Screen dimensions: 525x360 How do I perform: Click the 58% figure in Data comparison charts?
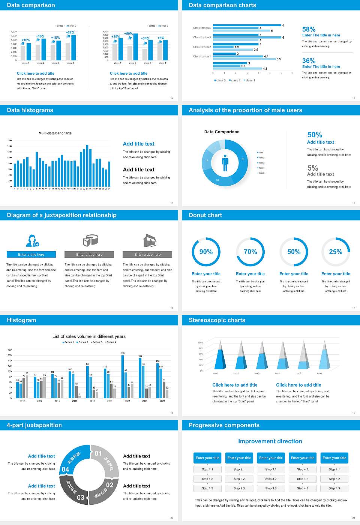coord(309,29)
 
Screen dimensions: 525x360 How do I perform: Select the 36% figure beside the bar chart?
coord(309,61)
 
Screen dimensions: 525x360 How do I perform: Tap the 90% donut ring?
coord(206,252)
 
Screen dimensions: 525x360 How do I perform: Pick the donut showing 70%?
coord(250,252)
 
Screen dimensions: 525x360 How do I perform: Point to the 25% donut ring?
coord(336,252)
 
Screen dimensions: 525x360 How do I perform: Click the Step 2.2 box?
coord(239,479)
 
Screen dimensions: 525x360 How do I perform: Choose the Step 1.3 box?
coord(207,488)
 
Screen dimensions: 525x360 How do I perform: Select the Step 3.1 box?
coord(271,469)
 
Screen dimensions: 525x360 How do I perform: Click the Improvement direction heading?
coord(270,441)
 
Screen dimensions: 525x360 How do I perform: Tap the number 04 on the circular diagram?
coord(65,469)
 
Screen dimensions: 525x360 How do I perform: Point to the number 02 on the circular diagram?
coord(109,485)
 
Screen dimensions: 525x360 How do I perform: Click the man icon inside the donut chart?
coord(225,163)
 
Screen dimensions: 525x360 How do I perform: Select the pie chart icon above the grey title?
coord(90,240)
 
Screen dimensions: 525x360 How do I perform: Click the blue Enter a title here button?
coord(31,255)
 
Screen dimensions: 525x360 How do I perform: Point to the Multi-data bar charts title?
coord(55,133)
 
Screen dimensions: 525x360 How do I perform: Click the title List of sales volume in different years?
coord(89,336)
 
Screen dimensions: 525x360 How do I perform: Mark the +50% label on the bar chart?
coord(128,34)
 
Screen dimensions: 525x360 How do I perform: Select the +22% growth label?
coord(70,33)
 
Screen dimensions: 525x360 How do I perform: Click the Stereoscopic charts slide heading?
coord(217,320)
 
